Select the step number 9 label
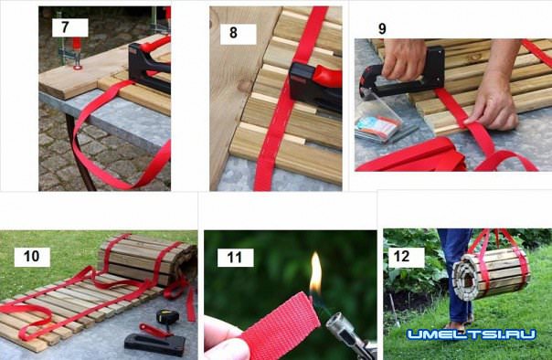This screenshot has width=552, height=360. click(x=382, y=29)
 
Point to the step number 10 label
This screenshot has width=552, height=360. click(x=31, y=256)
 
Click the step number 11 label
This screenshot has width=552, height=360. click(x=235, y=258)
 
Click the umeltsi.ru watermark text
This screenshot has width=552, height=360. click(x=472, y=334)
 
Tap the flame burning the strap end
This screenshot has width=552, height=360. click(x=316, y=273)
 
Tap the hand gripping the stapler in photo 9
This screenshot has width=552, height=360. click(x=404, y=58)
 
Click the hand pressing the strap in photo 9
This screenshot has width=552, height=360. click(x=495, y=95)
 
